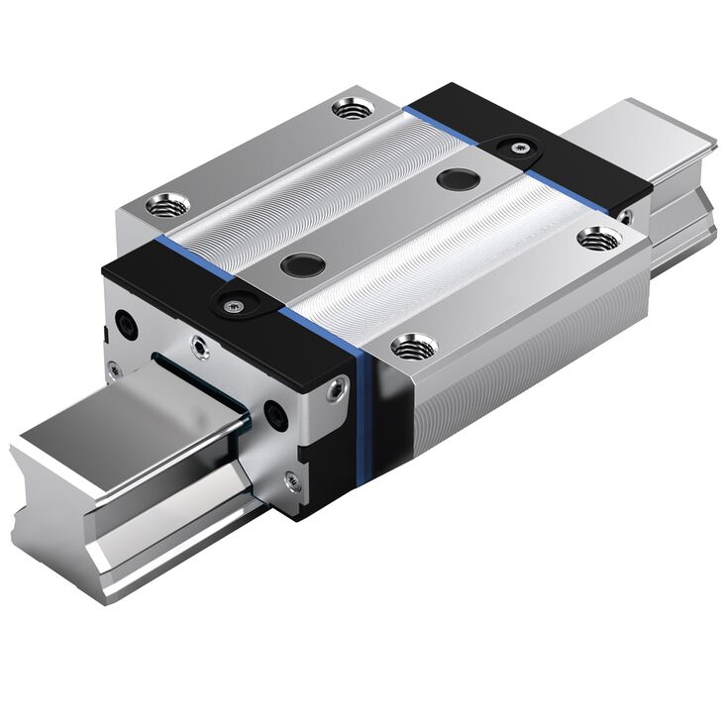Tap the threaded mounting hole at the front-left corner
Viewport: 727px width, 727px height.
click(x=163, y=206)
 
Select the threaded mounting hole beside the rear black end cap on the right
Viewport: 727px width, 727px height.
click(x=595, y=237)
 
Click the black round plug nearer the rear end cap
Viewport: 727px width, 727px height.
click(x=457, y=180)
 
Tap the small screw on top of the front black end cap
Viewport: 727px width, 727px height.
click(x=233, y=303)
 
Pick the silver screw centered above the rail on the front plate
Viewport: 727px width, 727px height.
click(x=202, y=347)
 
